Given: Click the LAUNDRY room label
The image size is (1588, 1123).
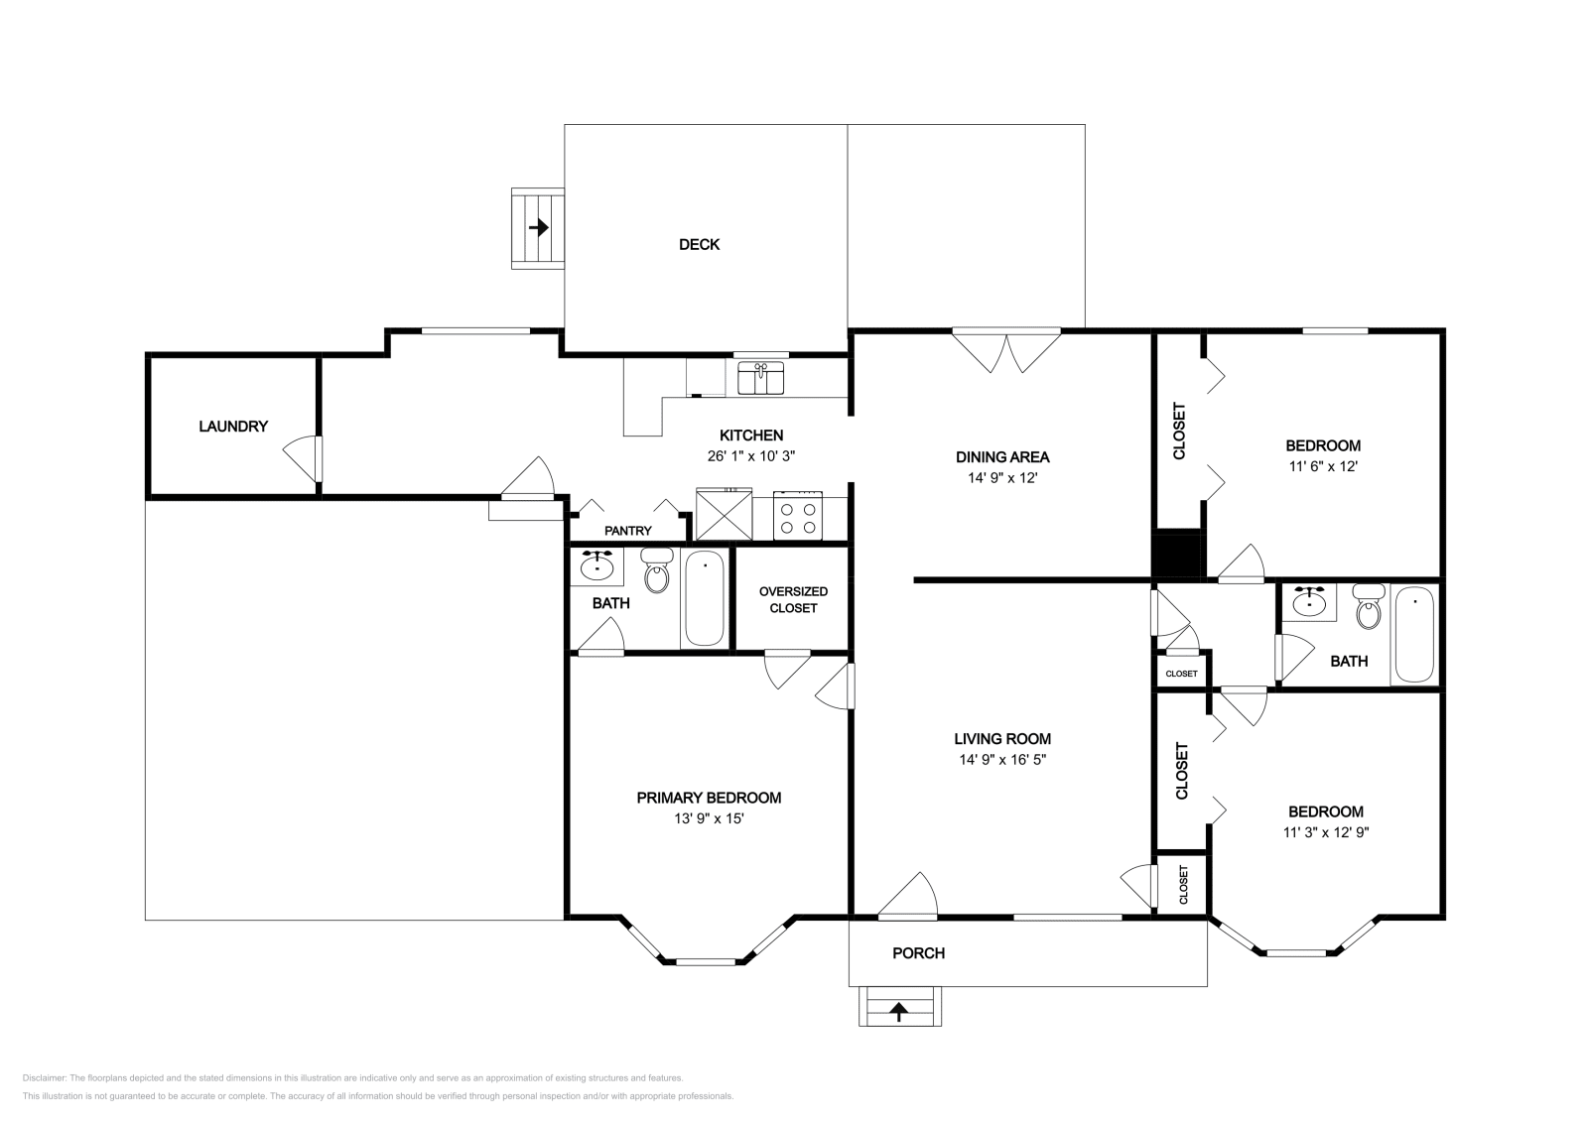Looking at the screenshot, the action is point(233,427).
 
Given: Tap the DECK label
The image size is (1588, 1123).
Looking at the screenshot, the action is point(699,244).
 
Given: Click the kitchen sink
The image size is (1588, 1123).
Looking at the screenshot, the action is point(760,378).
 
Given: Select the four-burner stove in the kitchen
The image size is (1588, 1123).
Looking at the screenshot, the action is point(798,515).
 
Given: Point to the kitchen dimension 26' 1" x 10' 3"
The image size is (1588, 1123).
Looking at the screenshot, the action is point(750,456).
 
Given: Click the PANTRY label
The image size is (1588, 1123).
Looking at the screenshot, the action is point(628,531).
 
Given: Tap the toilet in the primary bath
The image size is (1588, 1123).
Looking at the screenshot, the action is point(657,570).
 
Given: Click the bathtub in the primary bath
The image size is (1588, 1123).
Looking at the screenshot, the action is point(705,598).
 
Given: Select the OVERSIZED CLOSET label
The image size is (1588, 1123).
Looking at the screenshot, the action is point(793,599).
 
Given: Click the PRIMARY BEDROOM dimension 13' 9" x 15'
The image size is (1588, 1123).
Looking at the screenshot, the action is point(709,819).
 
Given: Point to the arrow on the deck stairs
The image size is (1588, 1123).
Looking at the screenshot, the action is point(539,227).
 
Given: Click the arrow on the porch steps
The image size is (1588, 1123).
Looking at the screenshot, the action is point(899,1011).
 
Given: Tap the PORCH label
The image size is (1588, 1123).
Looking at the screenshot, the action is point(919,953).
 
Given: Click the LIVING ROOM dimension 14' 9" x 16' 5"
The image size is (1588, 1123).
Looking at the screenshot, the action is point(1002,760).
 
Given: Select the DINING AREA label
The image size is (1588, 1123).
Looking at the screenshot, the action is point(1002,457).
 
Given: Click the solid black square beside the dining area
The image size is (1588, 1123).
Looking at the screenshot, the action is point(1176,555).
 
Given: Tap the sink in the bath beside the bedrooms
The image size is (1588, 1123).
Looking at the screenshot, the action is point(1309,603).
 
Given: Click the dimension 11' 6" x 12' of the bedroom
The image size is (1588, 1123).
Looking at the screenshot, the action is point(1323,467).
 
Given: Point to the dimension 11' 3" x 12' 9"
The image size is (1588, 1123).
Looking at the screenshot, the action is point(1326,832).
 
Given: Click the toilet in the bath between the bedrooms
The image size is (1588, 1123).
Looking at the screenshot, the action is point(1369,606).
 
